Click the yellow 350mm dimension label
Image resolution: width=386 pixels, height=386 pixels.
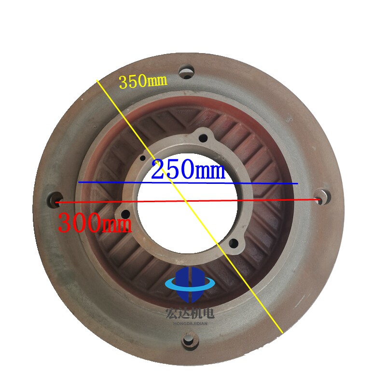pyautogui.click(x=143, y=82)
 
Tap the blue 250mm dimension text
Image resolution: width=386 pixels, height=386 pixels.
pyautogui.click(x=188, y=169)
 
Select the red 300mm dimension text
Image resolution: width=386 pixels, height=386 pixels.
pyautogui.click(x=95, y=223)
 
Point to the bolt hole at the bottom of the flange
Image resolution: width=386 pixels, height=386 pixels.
pyautogui.click(x=189, y=341)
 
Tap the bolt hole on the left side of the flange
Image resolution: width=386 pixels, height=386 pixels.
pyautogui.click(x=55, y=199)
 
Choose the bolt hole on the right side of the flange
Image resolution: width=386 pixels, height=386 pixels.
pyautogui.click(x=323, y=196)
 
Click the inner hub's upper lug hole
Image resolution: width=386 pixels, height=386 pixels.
pyautogui.click(x=203, y=138)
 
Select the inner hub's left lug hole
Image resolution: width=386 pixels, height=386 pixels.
pyautogui.click(x=125, y=214)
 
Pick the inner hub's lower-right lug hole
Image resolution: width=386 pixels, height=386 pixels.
pyautogui.click(x=234, y=244)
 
